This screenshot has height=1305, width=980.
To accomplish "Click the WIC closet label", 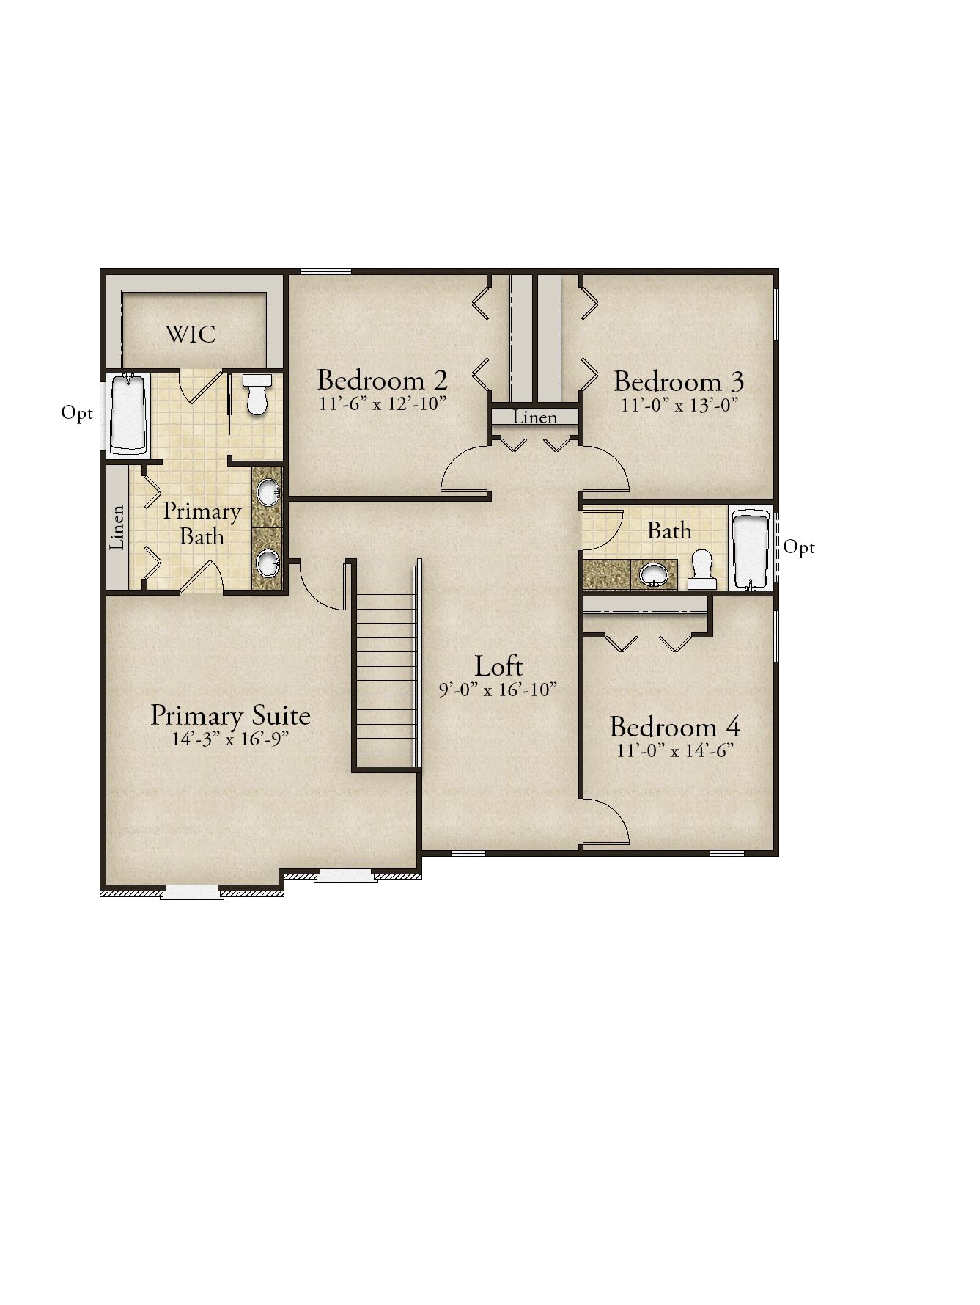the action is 191,334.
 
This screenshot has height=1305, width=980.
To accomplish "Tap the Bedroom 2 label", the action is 382,380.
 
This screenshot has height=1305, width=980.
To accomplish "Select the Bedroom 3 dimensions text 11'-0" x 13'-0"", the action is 679,405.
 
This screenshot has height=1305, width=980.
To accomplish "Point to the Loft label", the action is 498,666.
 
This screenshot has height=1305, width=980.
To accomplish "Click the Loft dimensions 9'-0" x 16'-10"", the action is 498,690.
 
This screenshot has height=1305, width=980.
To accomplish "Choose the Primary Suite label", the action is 230,716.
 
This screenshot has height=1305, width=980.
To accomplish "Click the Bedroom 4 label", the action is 674,727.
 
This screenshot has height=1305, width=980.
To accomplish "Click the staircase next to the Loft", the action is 386,664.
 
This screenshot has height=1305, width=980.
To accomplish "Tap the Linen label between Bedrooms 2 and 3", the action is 535,417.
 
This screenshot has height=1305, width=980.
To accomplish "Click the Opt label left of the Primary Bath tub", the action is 77,414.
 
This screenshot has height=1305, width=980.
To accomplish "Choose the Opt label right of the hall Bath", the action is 799,548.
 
